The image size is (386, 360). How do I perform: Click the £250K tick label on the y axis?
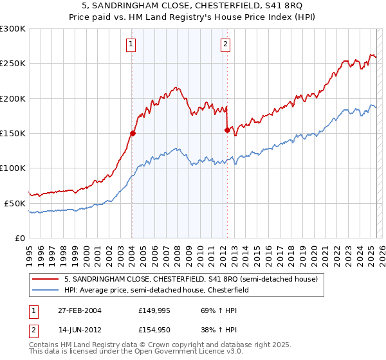click(13, 64)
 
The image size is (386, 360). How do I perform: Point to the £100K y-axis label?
click(13, 168)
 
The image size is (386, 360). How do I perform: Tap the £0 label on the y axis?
click(19, 238)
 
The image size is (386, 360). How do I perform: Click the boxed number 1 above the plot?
click(131, 44)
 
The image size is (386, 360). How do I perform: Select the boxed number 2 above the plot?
click(226, 44)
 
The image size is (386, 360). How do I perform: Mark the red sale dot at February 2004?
click(133, 134)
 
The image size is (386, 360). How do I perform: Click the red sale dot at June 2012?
click(227, 130)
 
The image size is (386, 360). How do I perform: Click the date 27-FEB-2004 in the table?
click(79, 310)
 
